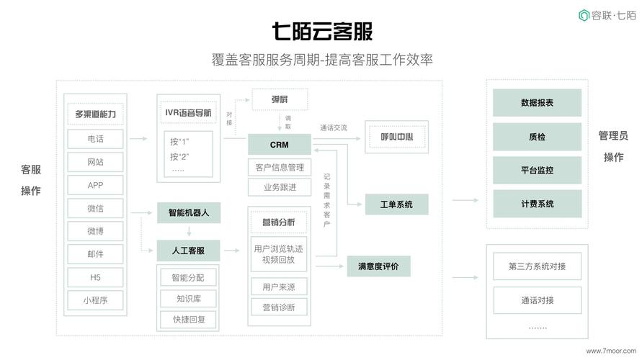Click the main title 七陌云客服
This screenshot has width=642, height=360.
tap(321, 32)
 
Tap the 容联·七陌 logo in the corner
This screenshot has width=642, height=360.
tap(607, 15)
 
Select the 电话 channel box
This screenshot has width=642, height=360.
tap(96, 139)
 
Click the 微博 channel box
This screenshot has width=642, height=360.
tap(96, 231)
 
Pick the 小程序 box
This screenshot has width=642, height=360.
tap(96, 300)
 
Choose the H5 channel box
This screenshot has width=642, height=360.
tap(96, 277)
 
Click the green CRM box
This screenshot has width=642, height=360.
tap(280, 145)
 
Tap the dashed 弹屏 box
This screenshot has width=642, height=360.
tap(280, 99)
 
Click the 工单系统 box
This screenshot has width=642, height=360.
tap(396, 204)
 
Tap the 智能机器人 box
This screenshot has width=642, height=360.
tap(189, 212)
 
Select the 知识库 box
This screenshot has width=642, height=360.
tap(189, 299)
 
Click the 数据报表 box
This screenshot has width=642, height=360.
tap(537, 103)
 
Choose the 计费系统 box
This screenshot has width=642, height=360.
tap(537, 204)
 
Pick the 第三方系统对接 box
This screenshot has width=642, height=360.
tap(537, 266)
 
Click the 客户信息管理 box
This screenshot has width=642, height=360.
tap(280, 168)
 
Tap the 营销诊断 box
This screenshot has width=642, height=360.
tap(280, 307)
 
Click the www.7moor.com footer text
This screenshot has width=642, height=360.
tap(607, 351)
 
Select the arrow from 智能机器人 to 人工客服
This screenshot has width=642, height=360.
tap(189, 232)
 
